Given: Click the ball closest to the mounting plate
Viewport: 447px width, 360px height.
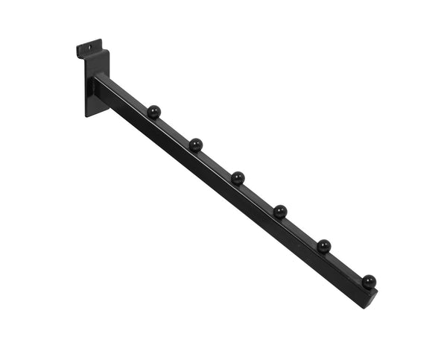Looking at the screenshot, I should coord(154,112).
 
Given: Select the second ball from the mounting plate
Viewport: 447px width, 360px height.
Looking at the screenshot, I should coord(196,144).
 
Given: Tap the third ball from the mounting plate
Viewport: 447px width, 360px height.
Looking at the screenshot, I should coord(238,177).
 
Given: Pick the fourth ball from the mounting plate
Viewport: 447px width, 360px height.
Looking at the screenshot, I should coord(280,211).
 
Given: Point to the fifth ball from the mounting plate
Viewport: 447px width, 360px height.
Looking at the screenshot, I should coord(324,245).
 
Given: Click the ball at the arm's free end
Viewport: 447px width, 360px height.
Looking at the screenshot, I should coord(369,281).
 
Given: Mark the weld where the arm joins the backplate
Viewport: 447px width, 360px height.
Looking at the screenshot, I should coord(97,82).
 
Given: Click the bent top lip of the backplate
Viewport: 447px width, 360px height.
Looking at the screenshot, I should coord(88,46).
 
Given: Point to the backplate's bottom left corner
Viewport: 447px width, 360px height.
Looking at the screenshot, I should coord(87,116).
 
